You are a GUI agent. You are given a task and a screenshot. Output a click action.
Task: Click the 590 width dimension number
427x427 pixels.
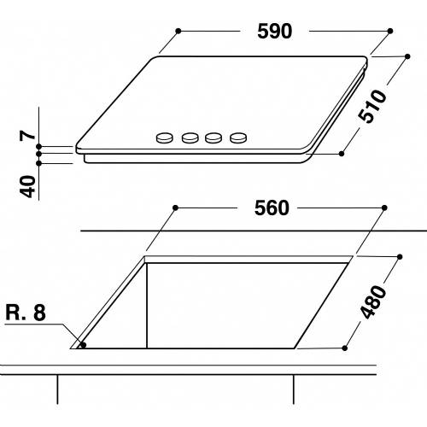coord(275,31)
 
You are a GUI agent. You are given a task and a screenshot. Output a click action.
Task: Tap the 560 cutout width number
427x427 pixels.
coord(272,208)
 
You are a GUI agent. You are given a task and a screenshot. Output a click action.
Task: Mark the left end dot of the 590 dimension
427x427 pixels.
coord(178,31)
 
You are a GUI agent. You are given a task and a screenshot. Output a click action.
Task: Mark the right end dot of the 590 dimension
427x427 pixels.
coord(389,31)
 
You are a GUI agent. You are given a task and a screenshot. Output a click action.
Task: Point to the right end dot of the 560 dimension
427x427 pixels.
coord(385,208)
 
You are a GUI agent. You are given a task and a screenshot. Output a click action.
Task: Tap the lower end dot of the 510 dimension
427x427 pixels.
coord(342,153)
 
